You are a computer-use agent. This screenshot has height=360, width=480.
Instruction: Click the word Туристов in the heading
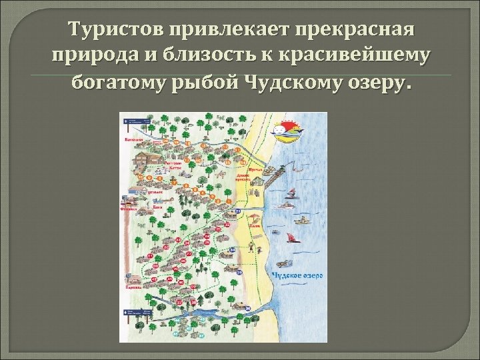(117, 29)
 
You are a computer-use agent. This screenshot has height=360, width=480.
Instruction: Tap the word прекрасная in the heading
(360, 29)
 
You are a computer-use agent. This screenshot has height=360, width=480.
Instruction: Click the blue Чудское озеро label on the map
(297, 275)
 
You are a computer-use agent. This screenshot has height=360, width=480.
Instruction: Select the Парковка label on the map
(132, 289)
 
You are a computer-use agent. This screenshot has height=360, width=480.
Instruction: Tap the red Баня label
(159, 207)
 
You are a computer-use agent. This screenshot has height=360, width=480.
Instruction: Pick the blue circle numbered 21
(238, 211)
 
